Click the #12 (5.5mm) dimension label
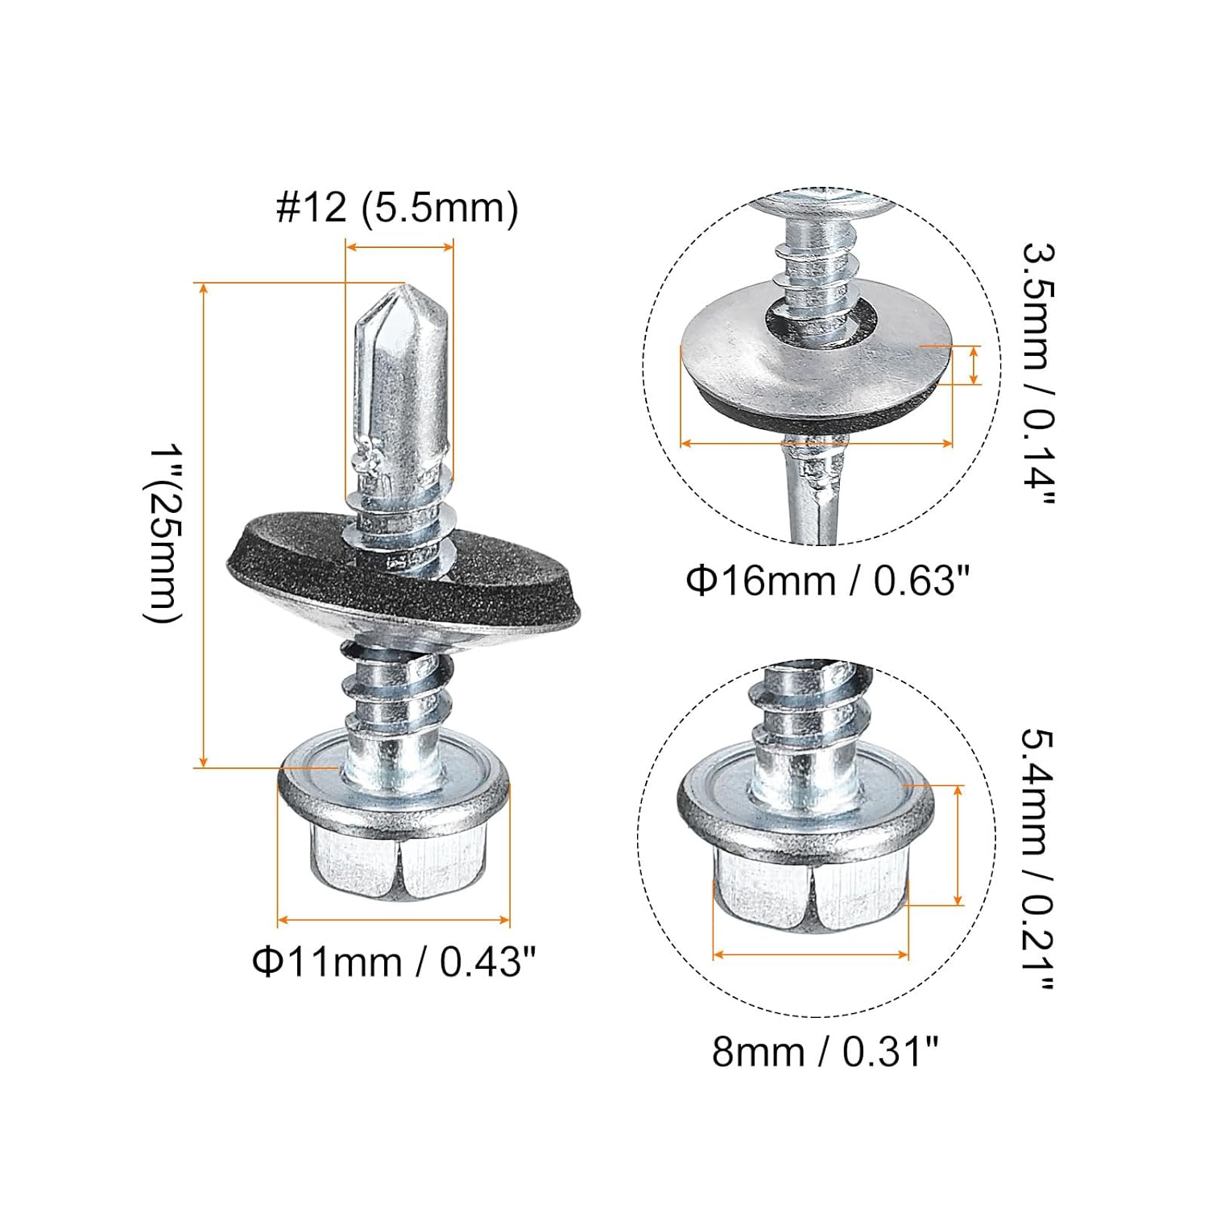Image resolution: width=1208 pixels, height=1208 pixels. tap(397, 208)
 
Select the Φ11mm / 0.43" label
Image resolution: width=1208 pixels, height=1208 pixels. tap(394, 961)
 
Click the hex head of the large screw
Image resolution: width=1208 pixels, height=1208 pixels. tap(395, 862)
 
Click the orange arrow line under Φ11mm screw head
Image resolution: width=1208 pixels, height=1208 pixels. tap(394, 919)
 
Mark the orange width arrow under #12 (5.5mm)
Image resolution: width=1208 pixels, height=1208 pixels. tap(399, 247)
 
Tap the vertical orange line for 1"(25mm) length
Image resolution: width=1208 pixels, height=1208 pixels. tap(205, 523)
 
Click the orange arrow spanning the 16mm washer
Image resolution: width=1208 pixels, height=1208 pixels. tap(817, 442)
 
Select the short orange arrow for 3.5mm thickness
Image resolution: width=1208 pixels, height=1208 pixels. tap(975, 365)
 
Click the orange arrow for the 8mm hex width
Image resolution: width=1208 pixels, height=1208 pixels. tap(811, 954)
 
